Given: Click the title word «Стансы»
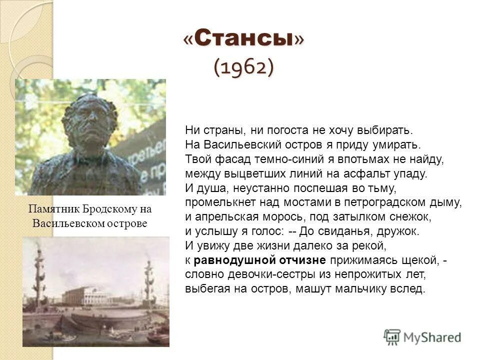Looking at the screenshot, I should (243, 40).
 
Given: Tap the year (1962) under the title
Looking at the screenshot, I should (243, 67).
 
